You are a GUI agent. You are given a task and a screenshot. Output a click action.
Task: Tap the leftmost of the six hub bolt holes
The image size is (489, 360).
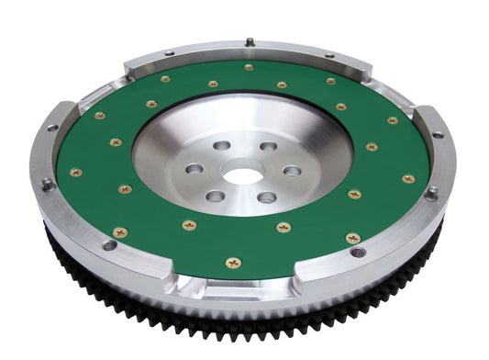tap(194, 169)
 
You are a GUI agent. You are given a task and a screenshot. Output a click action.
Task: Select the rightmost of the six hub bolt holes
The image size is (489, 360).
tap(292, 171)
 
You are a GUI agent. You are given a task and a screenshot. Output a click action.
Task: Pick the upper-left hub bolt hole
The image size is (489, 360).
tap(222, 145)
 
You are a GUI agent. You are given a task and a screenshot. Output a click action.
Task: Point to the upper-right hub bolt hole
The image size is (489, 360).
tap(268, 146)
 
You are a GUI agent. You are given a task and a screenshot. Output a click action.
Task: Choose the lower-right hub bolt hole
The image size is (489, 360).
tap(267, 197)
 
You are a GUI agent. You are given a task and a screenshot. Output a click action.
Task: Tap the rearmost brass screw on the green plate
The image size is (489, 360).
tap(249, 67)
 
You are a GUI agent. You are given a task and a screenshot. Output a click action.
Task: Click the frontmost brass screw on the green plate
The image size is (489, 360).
tap(233, 263)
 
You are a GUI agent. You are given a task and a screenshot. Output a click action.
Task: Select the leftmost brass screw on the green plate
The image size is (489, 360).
tap(75, 172)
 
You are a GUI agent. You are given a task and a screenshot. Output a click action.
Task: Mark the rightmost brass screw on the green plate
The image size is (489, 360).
tap(408, 178)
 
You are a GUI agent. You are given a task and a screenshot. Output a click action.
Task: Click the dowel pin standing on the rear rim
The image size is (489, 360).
tap(249, 42)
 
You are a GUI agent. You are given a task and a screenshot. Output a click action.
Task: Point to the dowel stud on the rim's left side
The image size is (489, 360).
tap(47, 183)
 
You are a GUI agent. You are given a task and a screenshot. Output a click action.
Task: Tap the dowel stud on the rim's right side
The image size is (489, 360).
tap(430, 192)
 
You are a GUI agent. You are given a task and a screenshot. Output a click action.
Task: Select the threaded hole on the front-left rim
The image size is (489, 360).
tap(110, 245)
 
